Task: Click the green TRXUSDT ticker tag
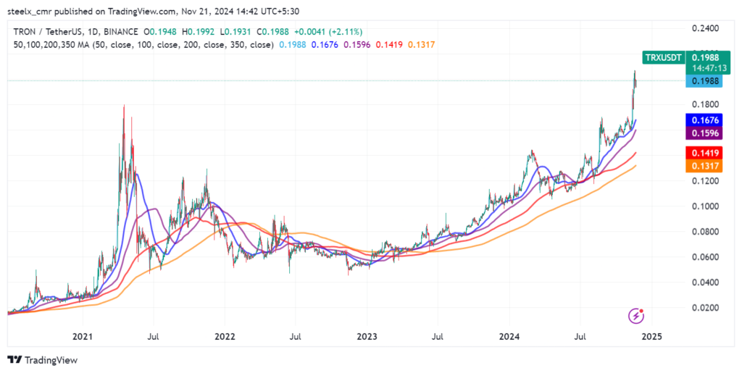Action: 663,56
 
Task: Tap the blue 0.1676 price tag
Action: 704,120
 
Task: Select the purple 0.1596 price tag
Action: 704,133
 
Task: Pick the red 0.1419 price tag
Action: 704,153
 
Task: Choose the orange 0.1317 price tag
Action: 704,166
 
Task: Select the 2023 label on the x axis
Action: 367,337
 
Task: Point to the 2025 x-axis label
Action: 651,337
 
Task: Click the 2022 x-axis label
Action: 225,337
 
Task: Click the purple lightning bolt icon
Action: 635,316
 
